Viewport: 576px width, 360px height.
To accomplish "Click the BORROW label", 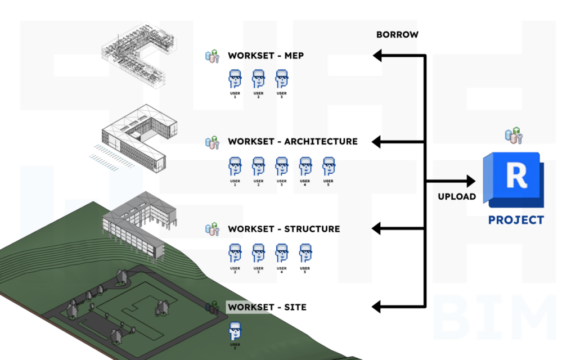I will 397,35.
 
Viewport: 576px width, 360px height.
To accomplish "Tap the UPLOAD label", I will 457,197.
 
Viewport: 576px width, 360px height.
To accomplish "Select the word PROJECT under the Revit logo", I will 516,220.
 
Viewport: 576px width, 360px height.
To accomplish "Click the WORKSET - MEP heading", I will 265,56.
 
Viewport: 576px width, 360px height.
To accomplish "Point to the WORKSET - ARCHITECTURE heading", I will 292,141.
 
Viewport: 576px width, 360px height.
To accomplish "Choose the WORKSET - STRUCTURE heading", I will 283,229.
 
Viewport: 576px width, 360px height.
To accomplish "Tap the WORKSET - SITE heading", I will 267,307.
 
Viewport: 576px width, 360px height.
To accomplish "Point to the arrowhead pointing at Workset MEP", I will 377,55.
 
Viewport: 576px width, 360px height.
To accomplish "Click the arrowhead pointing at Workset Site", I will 377,307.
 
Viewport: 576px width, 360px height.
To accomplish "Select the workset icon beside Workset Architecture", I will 212,142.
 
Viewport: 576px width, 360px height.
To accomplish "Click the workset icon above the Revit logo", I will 514,136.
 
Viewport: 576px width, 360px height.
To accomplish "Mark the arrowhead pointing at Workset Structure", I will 377,228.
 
